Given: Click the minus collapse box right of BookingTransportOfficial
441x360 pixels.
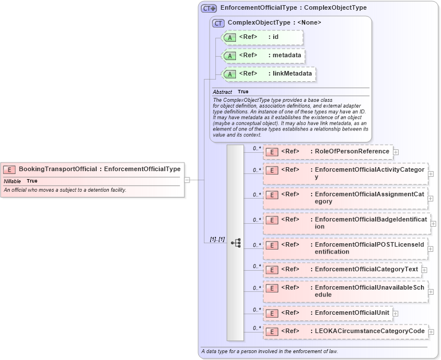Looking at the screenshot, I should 187,180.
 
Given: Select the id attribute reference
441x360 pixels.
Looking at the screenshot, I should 262,37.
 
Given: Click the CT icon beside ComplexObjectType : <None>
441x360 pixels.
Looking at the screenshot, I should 218,23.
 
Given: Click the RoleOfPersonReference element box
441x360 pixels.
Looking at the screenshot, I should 328,152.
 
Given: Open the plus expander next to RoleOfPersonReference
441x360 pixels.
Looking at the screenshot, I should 396,152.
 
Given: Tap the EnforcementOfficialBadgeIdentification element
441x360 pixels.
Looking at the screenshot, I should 346,223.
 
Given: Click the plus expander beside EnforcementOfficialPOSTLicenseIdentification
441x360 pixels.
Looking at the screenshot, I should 431,249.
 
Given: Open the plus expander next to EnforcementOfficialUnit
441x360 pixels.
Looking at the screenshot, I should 396,313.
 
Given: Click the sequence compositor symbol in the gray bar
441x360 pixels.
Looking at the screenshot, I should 235,243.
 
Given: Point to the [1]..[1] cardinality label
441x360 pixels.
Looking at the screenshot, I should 214,239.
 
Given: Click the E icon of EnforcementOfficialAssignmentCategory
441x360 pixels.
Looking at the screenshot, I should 272,195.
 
